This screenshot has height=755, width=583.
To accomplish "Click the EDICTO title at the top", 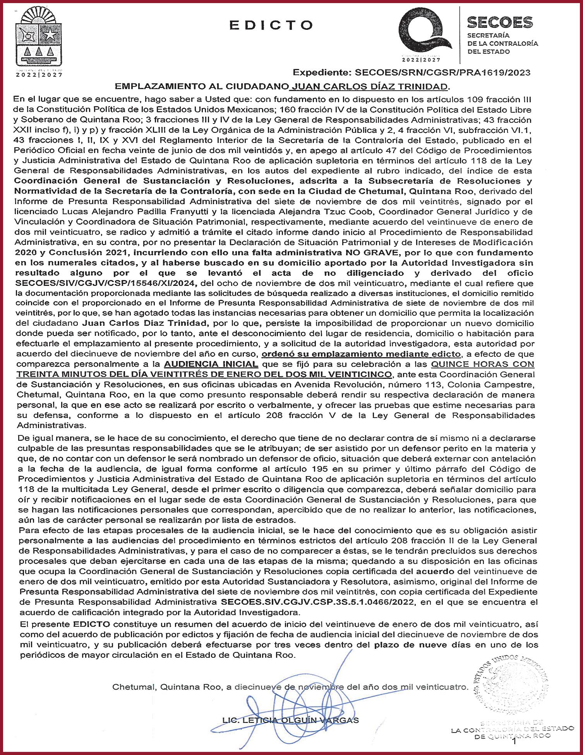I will [x=271, y=25].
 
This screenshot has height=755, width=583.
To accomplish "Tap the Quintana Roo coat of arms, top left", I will [x=38, y=38].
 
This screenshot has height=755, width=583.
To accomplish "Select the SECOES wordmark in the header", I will [x=500, y=22].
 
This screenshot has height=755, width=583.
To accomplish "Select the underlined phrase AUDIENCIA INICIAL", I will [x=211, y=364].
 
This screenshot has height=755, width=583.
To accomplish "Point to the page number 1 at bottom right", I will [x=514, y=742].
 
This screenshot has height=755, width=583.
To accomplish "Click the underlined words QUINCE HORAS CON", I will [x=482, y=364].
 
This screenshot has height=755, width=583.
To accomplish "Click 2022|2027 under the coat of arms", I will [x=39, y=75].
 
